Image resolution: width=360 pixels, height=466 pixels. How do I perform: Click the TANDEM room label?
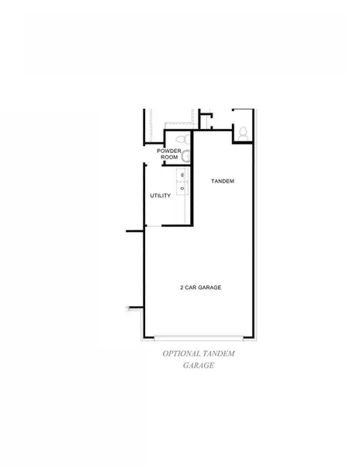tap(223, 181)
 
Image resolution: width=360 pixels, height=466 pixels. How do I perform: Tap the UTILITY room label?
tap(160, 196)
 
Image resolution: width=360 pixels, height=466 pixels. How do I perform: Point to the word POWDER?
tap(169, 151)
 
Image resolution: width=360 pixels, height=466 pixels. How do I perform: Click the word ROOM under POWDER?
tap(169, 158)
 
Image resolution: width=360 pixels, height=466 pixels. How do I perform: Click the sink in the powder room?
tap(185, 155)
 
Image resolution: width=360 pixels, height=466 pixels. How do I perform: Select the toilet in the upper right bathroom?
tap(242, 132)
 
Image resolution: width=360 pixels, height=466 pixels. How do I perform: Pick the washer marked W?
tap(183, 176)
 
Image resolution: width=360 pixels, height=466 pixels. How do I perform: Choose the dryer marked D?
tap(183, 187)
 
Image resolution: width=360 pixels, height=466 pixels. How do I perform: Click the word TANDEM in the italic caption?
tap(220, 353)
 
